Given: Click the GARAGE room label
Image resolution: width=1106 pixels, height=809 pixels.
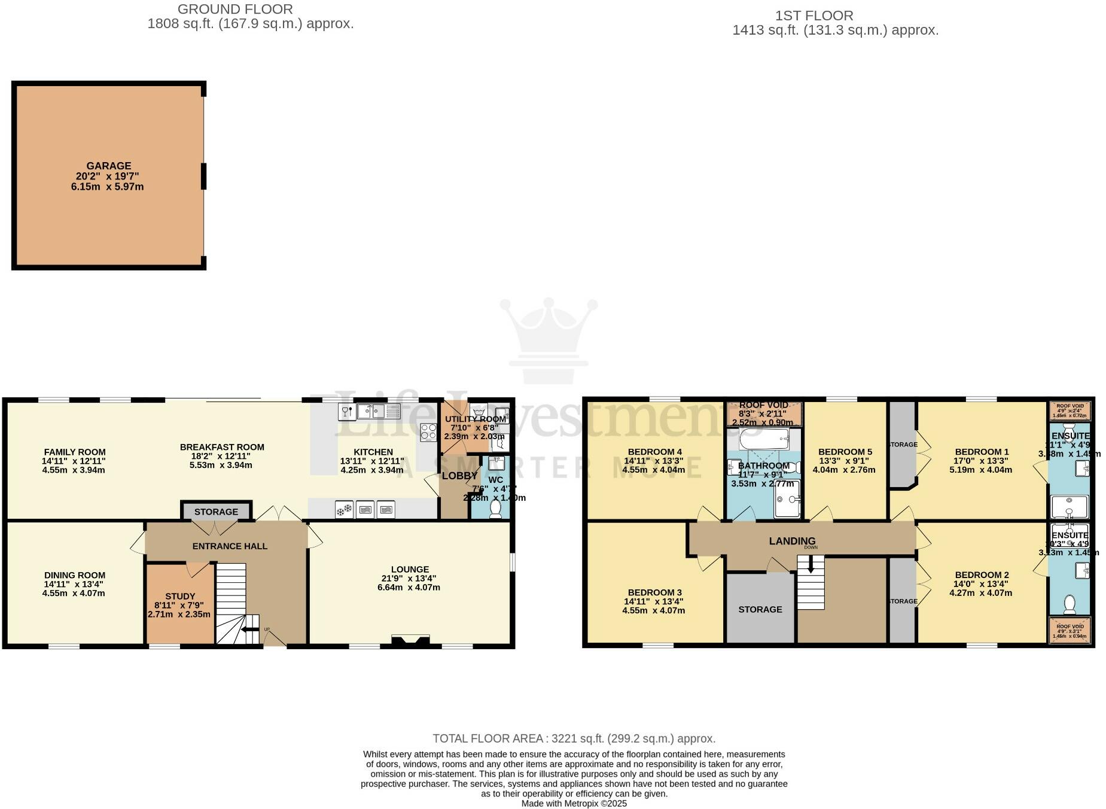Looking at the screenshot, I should click(x=108, y=166).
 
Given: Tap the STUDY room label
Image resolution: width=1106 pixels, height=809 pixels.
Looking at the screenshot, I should click(x=180, y=596).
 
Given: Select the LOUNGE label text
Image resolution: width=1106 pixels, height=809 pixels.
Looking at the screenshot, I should click(x=410, y=569).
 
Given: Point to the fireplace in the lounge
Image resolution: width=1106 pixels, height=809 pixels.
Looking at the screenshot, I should click(x=410, y=641).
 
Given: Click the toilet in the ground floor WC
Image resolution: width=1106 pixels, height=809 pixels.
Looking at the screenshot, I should click(x=495, y=508).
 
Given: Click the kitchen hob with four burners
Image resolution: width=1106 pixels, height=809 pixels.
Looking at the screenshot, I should click(x=428, y=432).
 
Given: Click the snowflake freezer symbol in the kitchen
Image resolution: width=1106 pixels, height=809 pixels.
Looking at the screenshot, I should click(x=344, y=510).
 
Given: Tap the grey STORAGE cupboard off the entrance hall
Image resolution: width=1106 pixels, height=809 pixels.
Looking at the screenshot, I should click(x=216, y=512).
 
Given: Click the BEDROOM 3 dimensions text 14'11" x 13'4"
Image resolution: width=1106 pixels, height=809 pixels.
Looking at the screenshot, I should click(x=653, y=601).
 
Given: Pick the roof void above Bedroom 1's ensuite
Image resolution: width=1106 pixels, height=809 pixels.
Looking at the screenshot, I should click(x=1070, y=411).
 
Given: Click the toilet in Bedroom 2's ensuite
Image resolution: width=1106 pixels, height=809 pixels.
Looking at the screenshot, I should click(x=1070, y=606).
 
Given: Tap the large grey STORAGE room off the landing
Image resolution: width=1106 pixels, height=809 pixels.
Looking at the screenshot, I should click(x=760, y=609).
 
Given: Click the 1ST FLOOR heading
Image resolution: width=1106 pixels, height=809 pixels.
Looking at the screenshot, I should click(x=813, y=16).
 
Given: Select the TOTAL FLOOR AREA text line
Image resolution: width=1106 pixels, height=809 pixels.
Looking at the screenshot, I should click(x=574, y=738).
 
